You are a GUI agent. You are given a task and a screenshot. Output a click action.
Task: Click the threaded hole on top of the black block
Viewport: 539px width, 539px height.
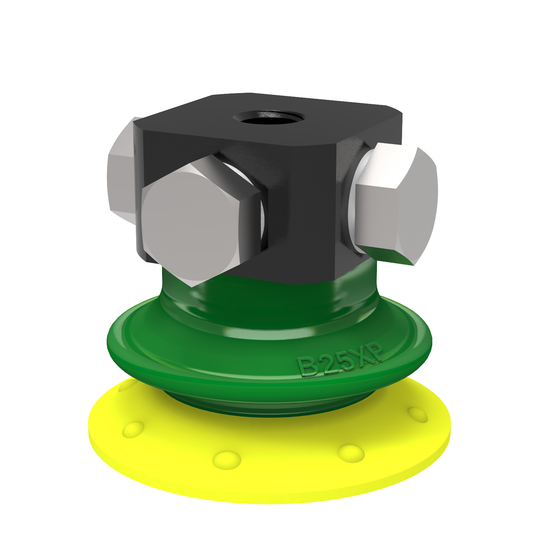pos(269,118)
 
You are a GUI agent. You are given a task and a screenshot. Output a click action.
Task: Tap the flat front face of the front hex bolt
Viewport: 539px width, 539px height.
pos(190,226)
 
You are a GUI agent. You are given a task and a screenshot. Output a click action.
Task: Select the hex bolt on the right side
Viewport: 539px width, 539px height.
pos(395,205)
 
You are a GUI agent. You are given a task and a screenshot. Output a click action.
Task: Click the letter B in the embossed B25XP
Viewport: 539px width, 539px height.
pos(307,367)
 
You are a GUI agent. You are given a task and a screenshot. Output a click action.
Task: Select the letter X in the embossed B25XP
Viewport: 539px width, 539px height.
pos(362,356)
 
